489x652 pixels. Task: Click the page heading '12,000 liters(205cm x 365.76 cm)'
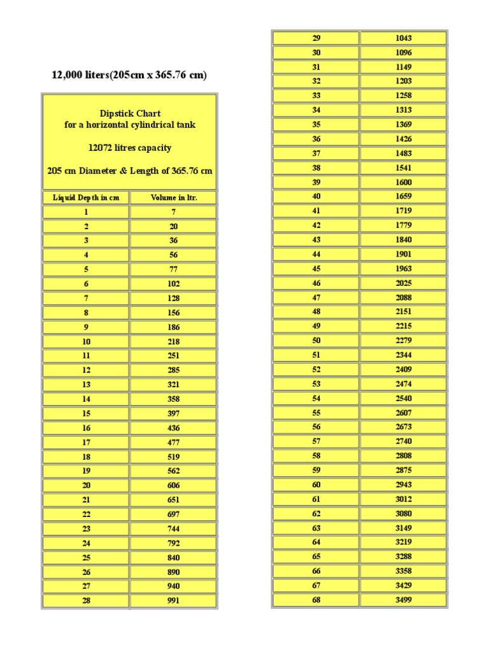(129, 75)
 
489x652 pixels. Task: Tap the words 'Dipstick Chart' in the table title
(130, 113)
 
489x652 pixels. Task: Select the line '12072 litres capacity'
(130, 148)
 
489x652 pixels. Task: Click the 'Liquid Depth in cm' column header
(86, 197)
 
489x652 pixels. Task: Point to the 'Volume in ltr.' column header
(174, 197)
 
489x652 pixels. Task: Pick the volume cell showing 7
(174, 212)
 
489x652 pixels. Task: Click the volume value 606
(174, 485)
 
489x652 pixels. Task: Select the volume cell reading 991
(174, 600)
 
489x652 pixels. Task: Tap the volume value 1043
(404, 38)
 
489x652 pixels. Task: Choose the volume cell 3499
(404, 600)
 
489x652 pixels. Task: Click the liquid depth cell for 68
(316, 600)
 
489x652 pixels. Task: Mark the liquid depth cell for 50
(316, 341)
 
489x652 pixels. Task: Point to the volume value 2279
(404, 341)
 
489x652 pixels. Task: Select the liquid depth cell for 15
(86, 413)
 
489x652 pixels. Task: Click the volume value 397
(174, 413)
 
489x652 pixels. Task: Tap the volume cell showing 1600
(404, 182)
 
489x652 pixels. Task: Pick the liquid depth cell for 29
(316, 38)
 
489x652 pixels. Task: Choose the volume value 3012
(404, 499)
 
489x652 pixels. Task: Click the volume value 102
(174, 284)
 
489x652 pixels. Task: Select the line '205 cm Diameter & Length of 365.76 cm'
(130, 171)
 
